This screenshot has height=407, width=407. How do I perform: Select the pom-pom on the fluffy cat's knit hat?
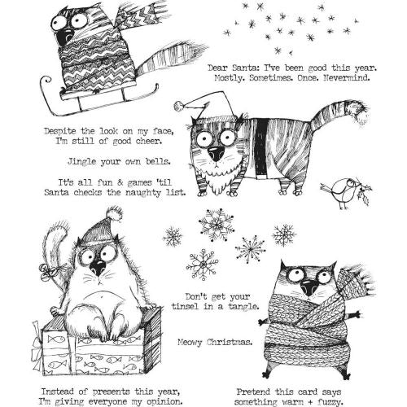(x=114, y=214)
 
